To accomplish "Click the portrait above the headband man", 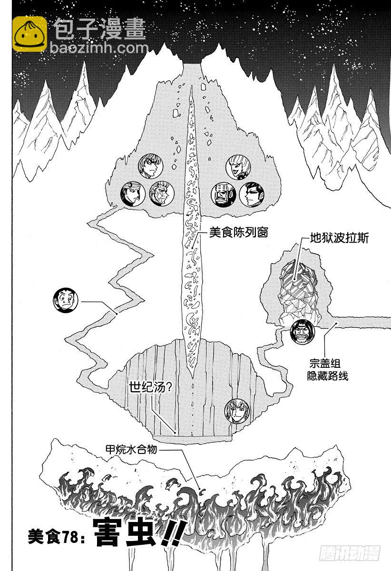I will tap(150, 166).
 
